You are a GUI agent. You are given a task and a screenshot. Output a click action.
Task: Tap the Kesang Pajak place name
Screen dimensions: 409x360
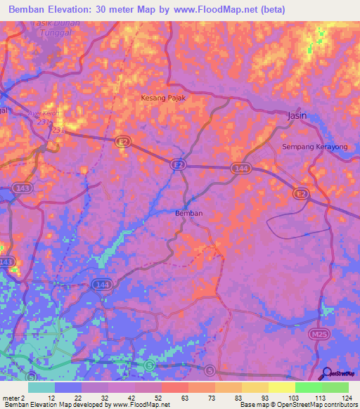[163, 98]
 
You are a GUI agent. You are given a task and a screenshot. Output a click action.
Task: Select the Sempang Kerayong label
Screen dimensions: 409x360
[315, 146]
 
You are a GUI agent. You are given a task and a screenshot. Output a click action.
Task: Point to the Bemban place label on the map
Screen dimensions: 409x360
[188, 213]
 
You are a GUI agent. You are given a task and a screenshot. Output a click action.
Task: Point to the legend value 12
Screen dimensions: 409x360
[51, 397]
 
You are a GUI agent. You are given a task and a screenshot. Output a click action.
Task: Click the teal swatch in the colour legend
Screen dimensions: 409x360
[41, 387]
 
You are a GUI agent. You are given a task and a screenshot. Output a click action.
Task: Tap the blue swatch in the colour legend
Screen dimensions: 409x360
[68, 387]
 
